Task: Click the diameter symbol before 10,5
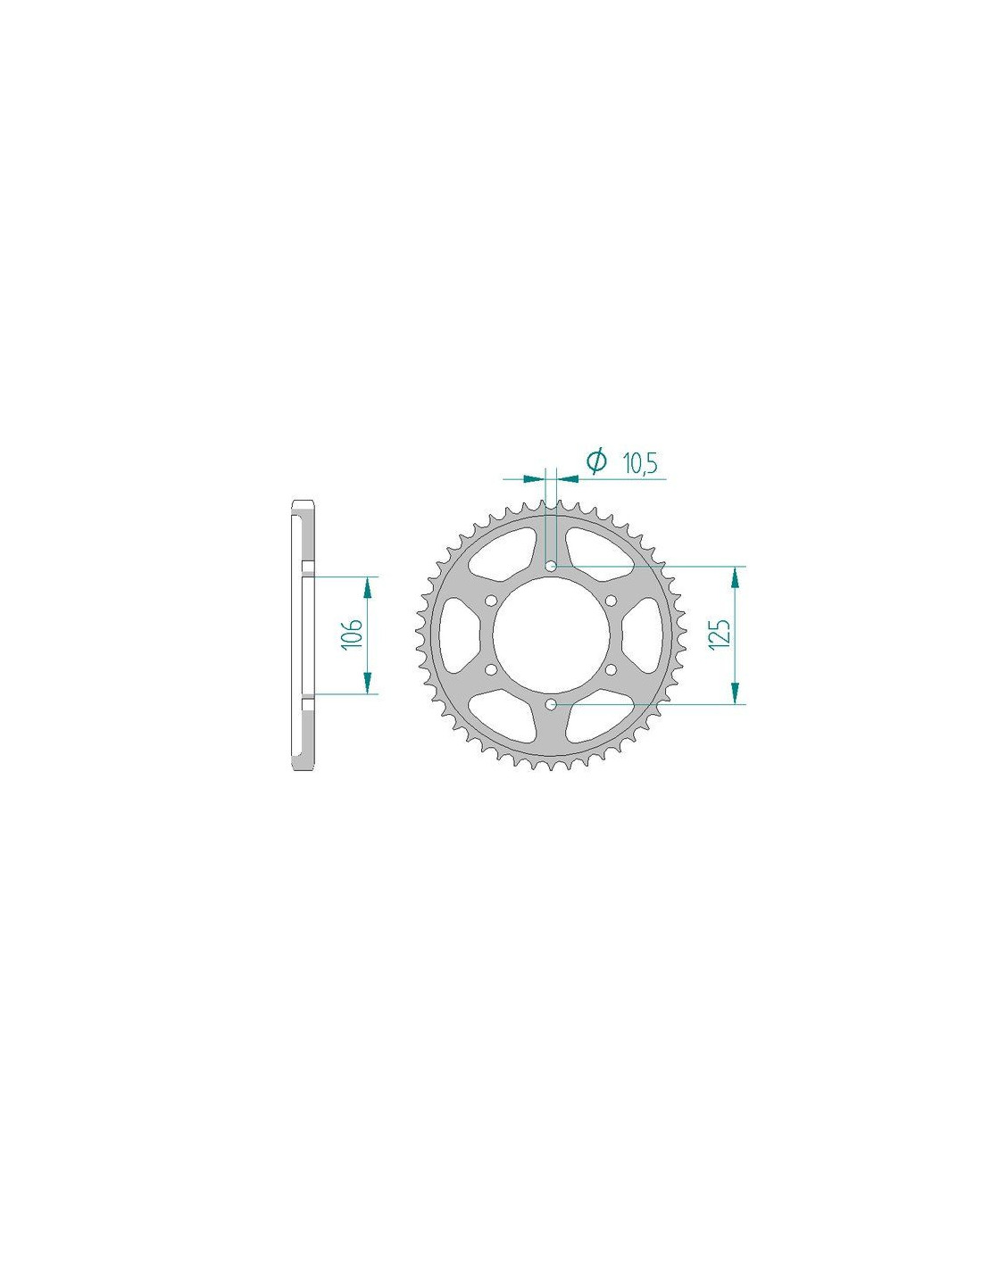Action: [595, 461]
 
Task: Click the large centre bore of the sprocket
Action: [550, 634]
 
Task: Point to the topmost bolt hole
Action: [550, 566]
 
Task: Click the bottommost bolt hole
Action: [550, 704]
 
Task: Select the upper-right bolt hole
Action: [611, 601]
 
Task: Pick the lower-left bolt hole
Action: [490, 669]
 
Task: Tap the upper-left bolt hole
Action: [490, 601]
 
